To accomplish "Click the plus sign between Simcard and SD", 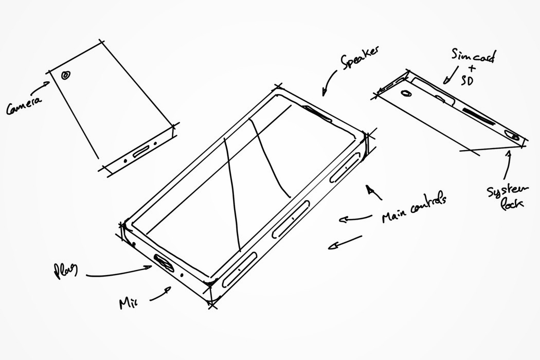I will click(x=472, y=68).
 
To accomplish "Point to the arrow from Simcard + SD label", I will click(x=449, y=77).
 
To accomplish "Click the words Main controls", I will click(x=414, y=208).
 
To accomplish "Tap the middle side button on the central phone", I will click(x=291, y=219).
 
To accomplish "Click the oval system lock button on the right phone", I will click(x=514, y=136).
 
